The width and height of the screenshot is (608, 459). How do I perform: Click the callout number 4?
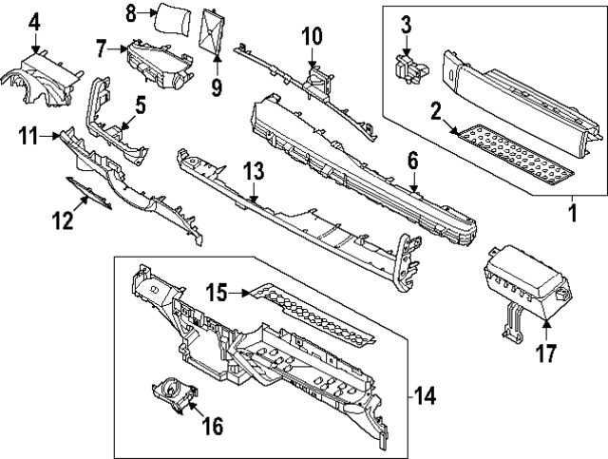tap(34, 23)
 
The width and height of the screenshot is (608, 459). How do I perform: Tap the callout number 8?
tap(132, 13)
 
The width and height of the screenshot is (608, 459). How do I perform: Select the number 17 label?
tap(546, 354)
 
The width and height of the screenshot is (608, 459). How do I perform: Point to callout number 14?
tap(425, 396)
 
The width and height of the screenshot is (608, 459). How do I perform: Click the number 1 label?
tap(573, 213)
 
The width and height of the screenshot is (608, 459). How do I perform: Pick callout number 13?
tap(254, 171)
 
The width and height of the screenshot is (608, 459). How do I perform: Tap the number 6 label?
tap(413, 161)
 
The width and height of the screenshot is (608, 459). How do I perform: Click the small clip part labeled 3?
tap(410, 69)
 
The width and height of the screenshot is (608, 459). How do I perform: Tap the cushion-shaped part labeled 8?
tap(173, 20)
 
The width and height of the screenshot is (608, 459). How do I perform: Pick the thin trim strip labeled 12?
tap(89, 193)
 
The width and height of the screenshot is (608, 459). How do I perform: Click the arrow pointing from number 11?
tap(50, 136)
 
